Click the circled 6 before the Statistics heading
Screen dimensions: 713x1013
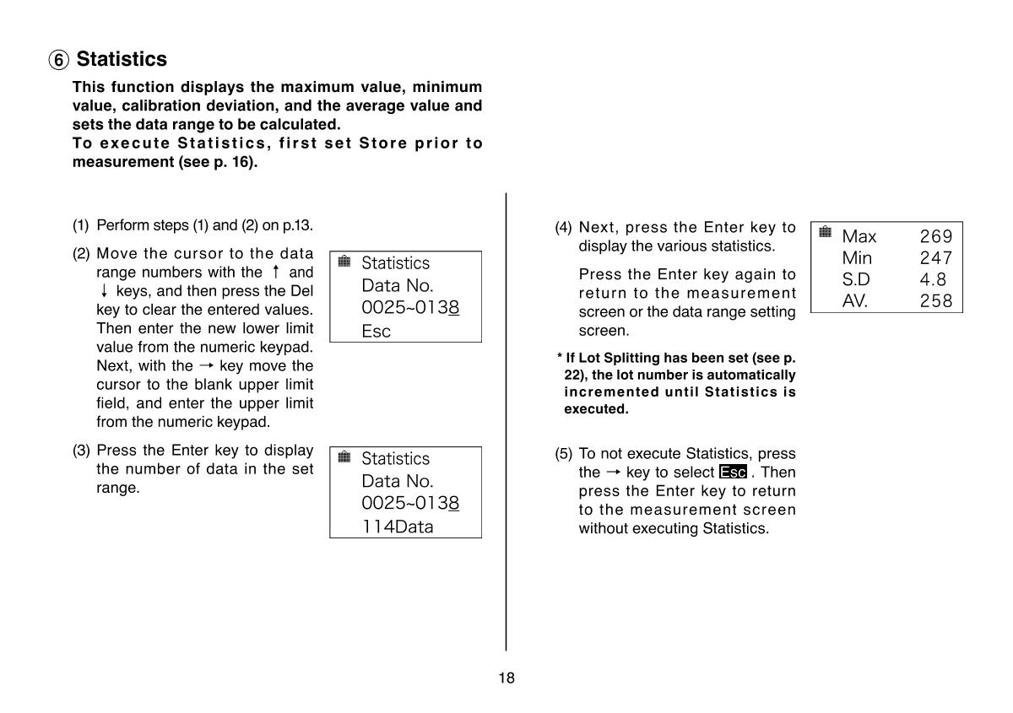(x=59, y=61)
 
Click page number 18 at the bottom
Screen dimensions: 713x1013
(x=506, y=678)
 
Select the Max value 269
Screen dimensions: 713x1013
(x=935, y=237)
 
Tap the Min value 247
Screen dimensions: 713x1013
(x=935, y=258)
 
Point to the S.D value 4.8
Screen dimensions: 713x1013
(x=933, y=279)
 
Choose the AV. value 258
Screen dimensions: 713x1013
(x=935, y=300)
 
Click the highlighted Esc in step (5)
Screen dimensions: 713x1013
(x=733, y=473)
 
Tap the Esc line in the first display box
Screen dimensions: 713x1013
(x=376, y=331)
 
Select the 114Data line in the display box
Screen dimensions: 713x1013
(x=397, y=527)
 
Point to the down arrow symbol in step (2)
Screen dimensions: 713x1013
(x=104, y=291)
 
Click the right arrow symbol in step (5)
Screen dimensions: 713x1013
(x=613, y=473)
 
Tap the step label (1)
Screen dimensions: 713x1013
(x=80, y=226)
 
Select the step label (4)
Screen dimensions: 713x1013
(x=563, y=228)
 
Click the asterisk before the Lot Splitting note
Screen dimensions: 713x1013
(x=559, y=358)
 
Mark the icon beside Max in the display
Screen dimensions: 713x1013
(x=826, y=232)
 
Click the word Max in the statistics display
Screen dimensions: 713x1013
(x=859, y=237)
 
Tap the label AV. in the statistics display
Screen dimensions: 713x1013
(x=854, y=300)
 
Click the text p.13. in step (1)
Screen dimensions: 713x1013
(x=298, y=226)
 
